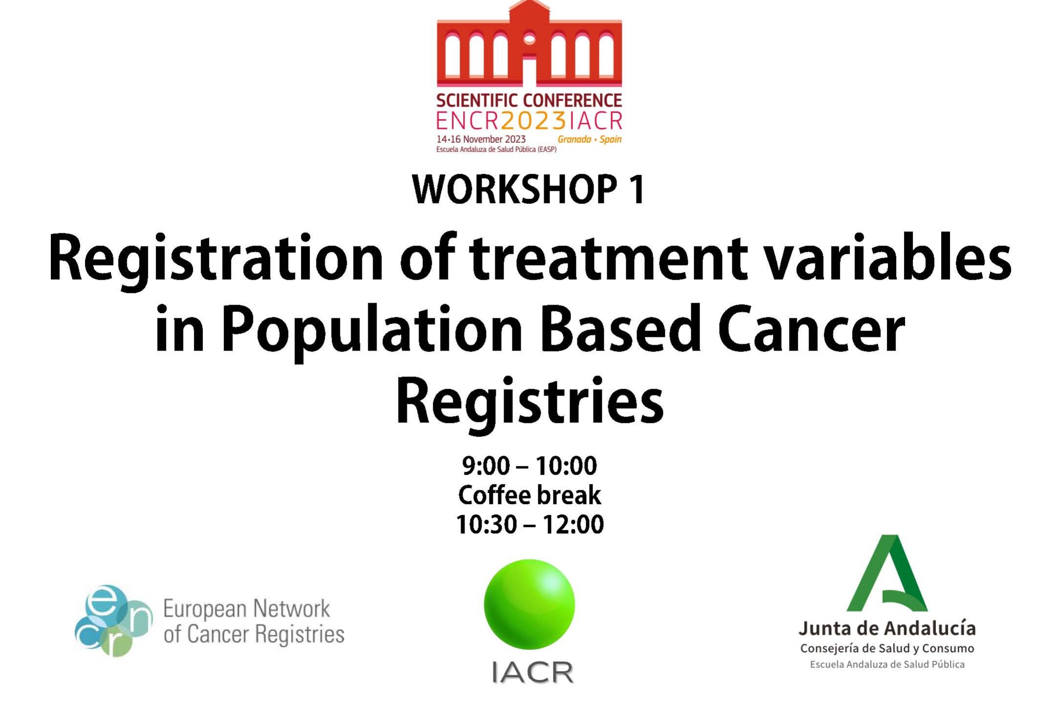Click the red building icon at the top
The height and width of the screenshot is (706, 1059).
tap(529, 44)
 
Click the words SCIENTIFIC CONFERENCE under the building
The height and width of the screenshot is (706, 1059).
tap(529, 100)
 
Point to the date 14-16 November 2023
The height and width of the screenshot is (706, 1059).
tap(481, 139)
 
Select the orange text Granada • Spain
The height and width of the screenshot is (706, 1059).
tap(590, 139)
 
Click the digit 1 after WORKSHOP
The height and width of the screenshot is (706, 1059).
tap(636, 190)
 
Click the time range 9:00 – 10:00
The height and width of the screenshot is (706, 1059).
tap(529, 465)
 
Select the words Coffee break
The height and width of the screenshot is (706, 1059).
tap(529, 495)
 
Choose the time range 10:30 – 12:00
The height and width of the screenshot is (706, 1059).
tap(529, 524)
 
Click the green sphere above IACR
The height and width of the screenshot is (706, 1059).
tap(529, 604)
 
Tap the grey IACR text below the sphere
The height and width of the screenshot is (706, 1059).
tap(532, 672)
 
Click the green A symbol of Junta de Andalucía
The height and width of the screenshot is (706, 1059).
tap(887, 573)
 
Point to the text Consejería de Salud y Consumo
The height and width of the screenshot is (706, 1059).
tap(887, 649)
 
